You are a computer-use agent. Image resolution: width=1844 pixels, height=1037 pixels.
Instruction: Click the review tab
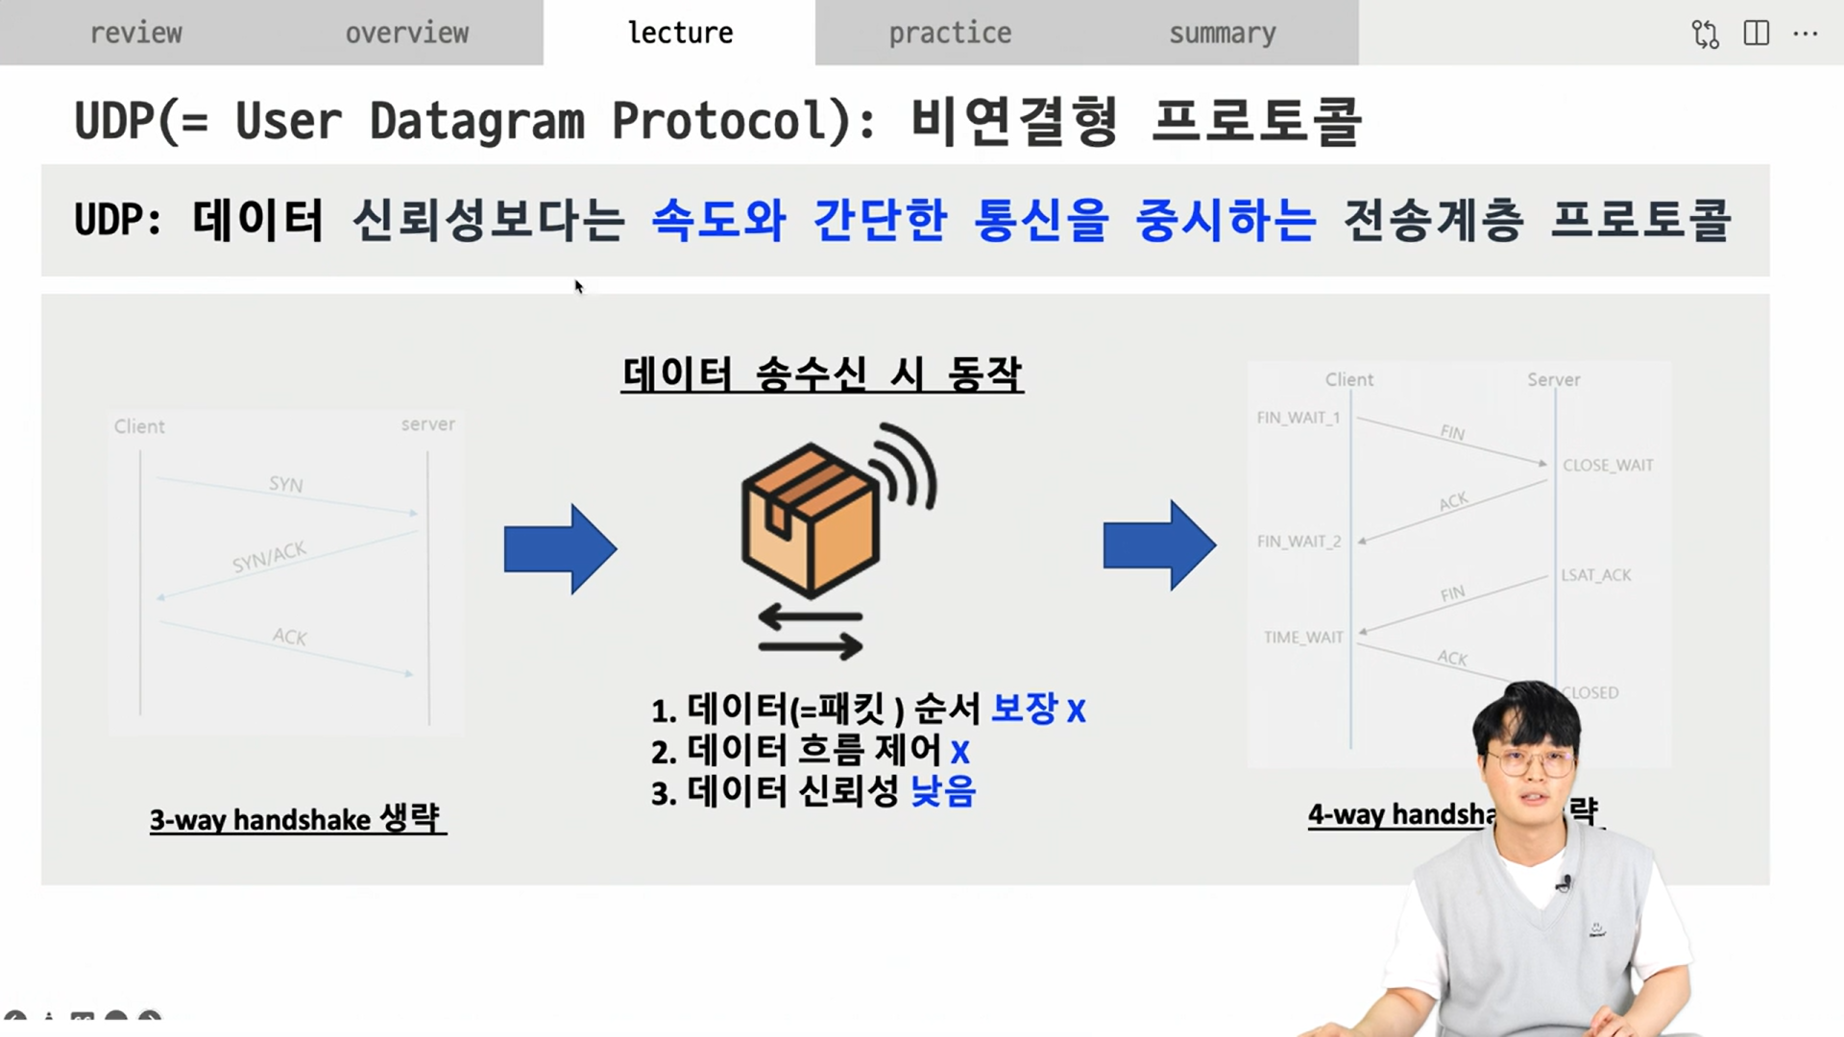[135, 33]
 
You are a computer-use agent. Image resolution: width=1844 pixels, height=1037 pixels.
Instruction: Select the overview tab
[407, 33]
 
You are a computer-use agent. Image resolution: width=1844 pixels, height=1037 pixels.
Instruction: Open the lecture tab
[680, 33]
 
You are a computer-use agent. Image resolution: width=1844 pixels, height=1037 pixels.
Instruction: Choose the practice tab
[950, 33]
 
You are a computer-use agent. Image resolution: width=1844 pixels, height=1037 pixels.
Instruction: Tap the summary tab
[1223, 33]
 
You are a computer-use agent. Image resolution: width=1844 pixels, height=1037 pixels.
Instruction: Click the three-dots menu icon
[1806, 34]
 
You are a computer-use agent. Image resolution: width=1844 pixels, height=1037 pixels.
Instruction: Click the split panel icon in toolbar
[1757, 34]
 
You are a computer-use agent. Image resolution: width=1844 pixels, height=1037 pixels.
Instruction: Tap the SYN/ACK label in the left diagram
[269, 556]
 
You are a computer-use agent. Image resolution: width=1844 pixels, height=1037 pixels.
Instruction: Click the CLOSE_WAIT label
[1608, 466]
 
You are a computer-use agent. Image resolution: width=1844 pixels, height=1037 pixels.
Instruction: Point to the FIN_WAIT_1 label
[1298, 418]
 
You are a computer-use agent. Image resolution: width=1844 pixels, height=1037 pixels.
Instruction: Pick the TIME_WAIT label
[1303, 638]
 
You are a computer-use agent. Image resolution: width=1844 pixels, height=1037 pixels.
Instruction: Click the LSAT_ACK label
[1595, 575]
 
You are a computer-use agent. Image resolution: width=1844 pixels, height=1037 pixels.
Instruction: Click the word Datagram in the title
[476, 122]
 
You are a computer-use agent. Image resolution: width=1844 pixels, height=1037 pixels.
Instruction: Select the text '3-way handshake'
[259, 820]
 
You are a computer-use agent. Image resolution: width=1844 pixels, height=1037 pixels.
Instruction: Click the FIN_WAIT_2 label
[1298, 542]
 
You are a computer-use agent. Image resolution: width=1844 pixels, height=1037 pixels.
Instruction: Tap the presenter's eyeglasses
[1531, 763]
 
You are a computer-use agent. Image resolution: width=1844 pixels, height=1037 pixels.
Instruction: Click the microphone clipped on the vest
[1565, 881]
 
